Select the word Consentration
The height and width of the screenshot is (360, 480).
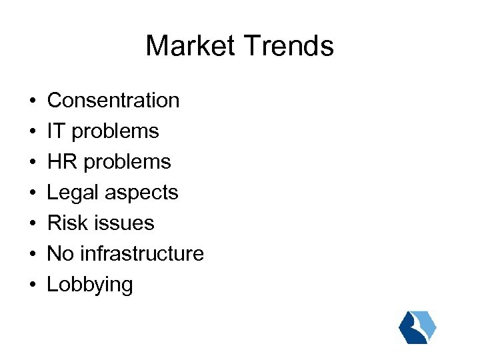coord(113,100)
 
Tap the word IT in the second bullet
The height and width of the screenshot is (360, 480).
coord(56,131)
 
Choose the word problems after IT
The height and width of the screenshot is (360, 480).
coord(115,131)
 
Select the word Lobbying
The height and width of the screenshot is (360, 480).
coord(90,285)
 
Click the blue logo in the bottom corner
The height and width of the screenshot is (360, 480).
coord(417,327)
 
